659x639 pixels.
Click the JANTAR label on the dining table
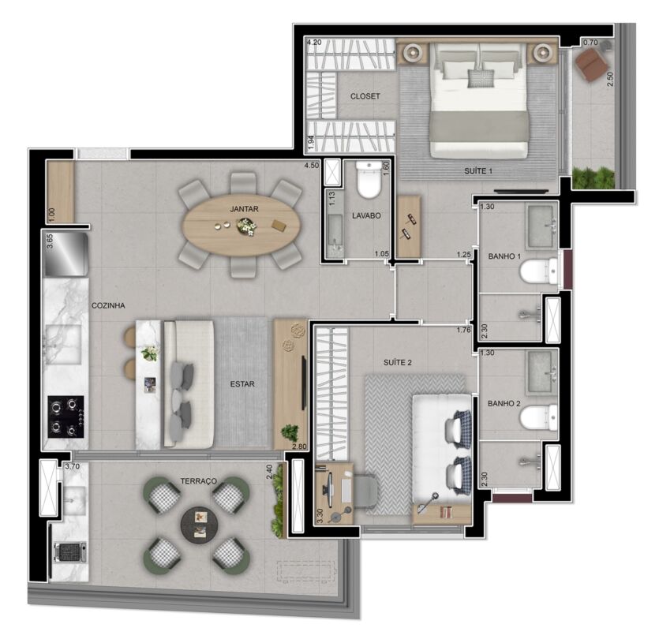point(244,209)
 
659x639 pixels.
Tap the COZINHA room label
point(108,305)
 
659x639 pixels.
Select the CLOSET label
point(365,96)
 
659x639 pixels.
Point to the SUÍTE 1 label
point(478,171)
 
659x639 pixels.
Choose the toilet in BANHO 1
point(539,271)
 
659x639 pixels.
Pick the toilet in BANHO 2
point(539,417)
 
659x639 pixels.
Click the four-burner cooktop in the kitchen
point(66,417)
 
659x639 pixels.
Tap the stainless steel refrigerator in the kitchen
point(66,255)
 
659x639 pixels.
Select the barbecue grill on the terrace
point(70,552)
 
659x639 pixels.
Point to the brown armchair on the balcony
point(591,62)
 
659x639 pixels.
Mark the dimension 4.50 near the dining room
point(312,166)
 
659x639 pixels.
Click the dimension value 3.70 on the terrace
point(73,466)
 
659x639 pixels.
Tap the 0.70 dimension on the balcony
point(590,43)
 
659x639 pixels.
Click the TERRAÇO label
point(199,481)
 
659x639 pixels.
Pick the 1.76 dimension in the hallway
point(463,330)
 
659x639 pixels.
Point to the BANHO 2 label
point(504,403)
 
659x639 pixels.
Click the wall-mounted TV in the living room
point(303,383)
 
